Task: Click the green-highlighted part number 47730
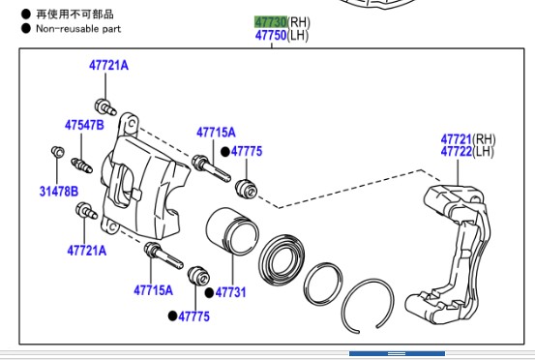(271, 22)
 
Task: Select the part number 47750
(271, 35)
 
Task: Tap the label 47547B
(84, 125)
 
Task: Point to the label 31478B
(59, 191)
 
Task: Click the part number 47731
(230, 292)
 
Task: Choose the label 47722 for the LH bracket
(457, 151)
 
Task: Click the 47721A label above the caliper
(109, 65)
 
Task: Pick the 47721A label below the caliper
(87, 251)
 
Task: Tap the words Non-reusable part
(78, 29)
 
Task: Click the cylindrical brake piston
(232, 231)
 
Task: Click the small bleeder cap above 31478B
(58, 152)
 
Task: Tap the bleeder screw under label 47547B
(81, 165)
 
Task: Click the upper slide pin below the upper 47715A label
(211, 167)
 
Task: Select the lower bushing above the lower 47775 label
(198, 275)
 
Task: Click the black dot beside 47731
(209, 293)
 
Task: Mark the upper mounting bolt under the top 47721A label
(105, 106)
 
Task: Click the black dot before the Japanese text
(26, 14)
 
